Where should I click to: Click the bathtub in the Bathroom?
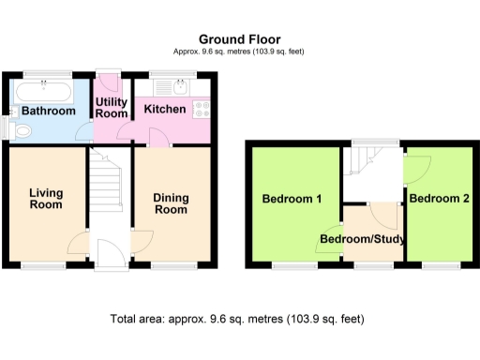42,92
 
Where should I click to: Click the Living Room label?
45,198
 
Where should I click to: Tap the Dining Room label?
170,202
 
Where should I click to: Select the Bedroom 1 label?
292,199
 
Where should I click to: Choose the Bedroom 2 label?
439,199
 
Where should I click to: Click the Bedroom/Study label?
362,240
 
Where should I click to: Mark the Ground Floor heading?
239,38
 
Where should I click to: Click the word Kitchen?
164,110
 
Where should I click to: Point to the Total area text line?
237,319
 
